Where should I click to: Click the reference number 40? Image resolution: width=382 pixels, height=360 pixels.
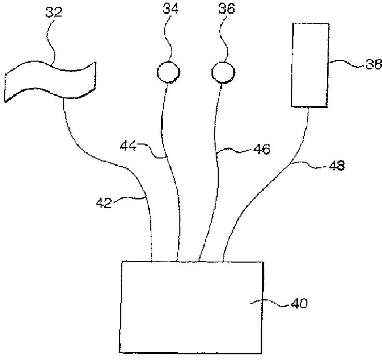pyautogui.click(x=299, y=304)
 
